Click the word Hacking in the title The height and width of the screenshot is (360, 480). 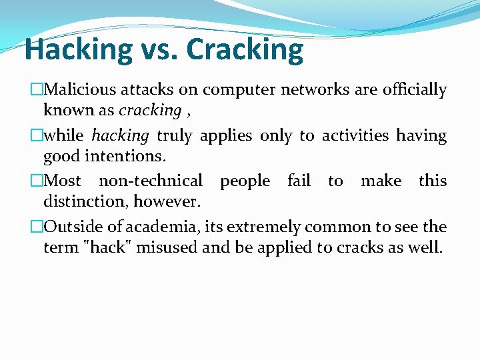pyautogui.click(x=79, y=49)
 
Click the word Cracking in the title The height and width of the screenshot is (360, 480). pyautogui.click(x=245, y=49)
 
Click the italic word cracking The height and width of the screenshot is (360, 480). pyautogui.click(x=150, y=110)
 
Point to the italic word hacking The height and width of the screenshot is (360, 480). pyautogui.click(x=120, y=136)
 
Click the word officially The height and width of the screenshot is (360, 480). pyautogui.click(x=415, y=90)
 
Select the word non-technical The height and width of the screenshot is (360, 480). pyautogui.click(x=151, y=181)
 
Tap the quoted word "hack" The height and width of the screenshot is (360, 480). pyautogui.click(x=107, y=247)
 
